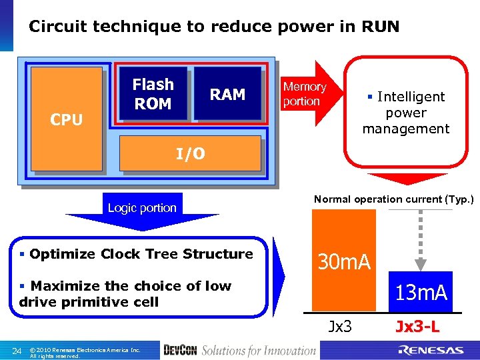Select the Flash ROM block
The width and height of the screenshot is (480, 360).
(153, 94)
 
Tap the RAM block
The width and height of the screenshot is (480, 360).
(227, 94)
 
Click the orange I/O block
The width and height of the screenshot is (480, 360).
(190, 155)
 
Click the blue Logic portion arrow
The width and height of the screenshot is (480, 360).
(142, 210)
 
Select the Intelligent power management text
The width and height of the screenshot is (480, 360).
(405, 113)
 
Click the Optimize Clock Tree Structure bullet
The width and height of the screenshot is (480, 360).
(136, 254)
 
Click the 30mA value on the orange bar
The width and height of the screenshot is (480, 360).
(344, 262)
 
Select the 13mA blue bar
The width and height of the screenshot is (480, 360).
(421, 292)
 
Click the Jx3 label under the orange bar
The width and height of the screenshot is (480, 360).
(341, 327)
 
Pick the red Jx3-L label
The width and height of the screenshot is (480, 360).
(417, 327)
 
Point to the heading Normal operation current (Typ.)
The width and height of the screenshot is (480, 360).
(393, 199)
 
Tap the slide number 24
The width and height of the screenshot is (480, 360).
(17, 351)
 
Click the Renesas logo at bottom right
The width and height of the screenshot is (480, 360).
(431, 350)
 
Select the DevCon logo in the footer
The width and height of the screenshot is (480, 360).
(179, 351)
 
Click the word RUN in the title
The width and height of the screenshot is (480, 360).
(380, 27)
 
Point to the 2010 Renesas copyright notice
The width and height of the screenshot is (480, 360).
(85, 352)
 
